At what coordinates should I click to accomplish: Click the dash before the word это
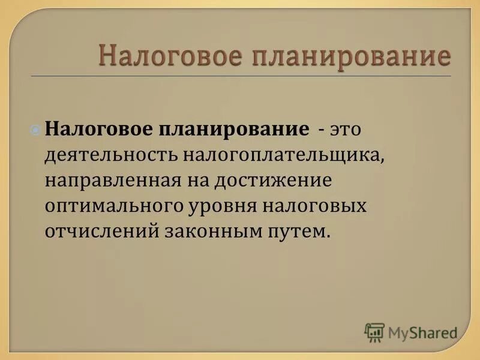(x=323, y=130)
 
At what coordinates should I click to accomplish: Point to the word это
(x=347, y=130)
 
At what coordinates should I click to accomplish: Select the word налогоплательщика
(x=282, y=155)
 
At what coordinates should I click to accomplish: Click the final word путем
(x=305, y=231)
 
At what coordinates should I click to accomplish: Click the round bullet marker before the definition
(x=36, y=129)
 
